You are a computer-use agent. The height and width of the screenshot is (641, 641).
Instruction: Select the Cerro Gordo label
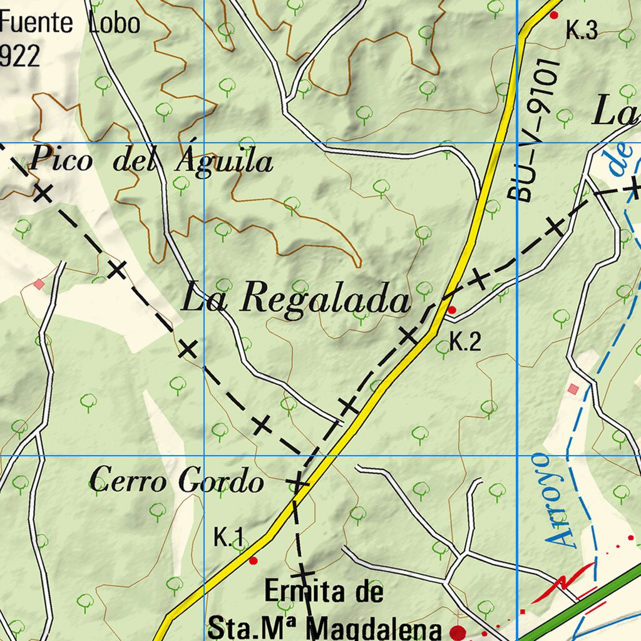click(176, 482)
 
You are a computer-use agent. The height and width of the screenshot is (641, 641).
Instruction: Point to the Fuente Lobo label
click(70, 24)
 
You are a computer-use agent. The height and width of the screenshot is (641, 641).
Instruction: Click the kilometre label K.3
click(582, 31)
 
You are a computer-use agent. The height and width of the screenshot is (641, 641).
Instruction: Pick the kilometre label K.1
click(228, 537)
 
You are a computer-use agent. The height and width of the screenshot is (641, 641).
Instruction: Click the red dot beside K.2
click(452, 310)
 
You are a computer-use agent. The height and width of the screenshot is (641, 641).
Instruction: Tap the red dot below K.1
click(253, 560)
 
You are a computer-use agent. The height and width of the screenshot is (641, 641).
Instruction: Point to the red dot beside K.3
click(553, 14)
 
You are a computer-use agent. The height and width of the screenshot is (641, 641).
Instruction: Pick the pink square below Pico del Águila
click(39, 284)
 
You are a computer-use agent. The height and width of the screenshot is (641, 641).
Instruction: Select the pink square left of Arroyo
click(573, 389)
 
